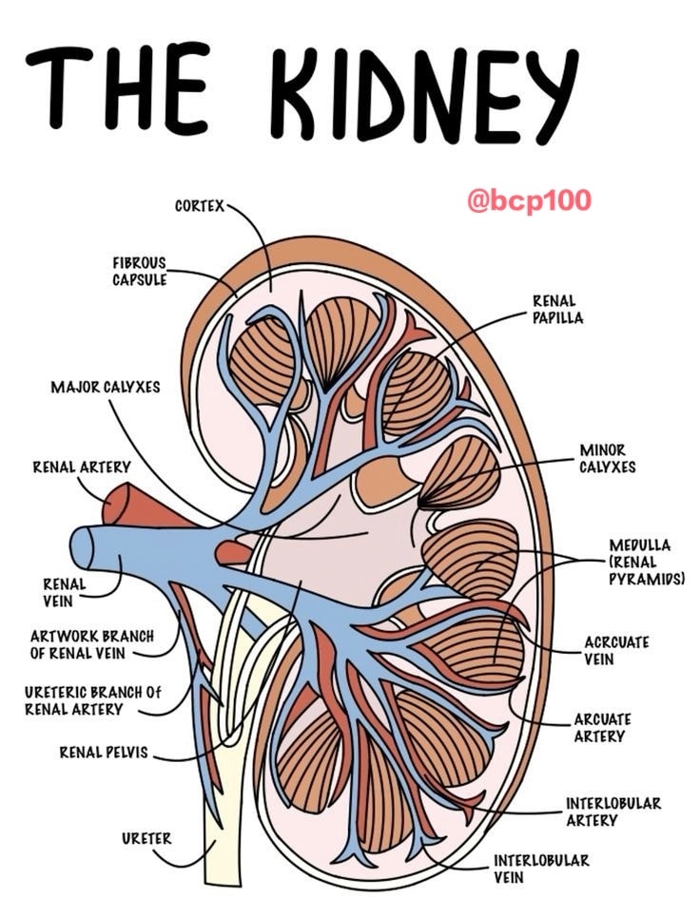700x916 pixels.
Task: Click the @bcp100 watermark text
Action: pos(529,200)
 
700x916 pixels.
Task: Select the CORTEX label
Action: pos(200,205)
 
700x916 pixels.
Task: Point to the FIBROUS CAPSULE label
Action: pos(140,271)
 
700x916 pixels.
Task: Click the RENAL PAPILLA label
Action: pos(557,309)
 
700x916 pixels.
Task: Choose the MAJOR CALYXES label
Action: pos(106,387)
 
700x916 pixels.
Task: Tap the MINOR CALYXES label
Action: pos(607,459)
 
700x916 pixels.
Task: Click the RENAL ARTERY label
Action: pos(81,467)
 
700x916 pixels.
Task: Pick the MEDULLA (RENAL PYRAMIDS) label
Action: pos(646,562)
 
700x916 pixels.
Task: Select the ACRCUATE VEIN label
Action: pos(616,650)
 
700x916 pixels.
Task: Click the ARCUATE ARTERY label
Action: pos(602,727)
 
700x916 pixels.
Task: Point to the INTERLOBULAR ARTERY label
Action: pos(612,811)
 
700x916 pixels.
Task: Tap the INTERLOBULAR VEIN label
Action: pos(541,868)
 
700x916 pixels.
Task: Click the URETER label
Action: pos(146,838)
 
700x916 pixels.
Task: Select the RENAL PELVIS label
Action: pos(104,752)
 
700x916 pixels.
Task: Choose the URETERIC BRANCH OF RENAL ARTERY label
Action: pos(92,700)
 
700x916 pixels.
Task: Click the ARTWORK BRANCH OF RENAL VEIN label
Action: pos(92,644)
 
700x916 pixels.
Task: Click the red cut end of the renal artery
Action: pos(115,504)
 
